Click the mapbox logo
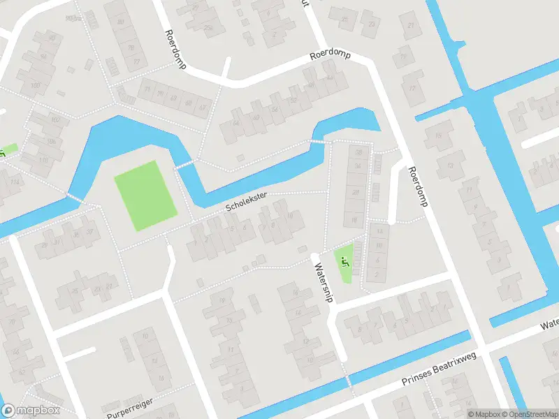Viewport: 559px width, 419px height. tap(31, 411)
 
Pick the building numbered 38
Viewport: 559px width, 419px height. tap(359, 152)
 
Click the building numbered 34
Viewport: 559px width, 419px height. tap(358, 166)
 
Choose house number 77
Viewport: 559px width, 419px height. tap(136, 62)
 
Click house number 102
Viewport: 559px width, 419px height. tap(55, 119)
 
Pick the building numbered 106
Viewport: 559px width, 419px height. tap(50, 141)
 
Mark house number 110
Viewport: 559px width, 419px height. tap(43, 160)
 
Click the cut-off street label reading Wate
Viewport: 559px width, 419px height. tap(549, 325)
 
